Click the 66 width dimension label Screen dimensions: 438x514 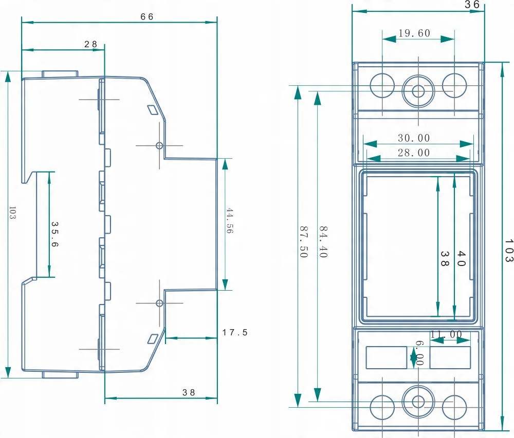pyautogui.click(x=147, y=16)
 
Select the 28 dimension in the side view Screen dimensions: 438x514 pyautogui.click(x=91, y=44)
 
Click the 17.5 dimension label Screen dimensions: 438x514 pyautogui.click(x=235, y=332)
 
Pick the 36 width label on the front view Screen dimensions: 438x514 pyautogui.click(x=472, y=5)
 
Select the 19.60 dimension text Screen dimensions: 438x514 pyautogui.click(x=414, y=33)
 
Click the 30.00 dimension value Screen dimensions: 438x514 pyautogui.click(x=414, y=138)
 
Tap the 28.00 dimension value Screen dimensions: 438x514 pyautogui.click(x=414, y=153)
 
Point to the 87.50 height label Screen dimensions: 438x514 pyautogui.click(x=303, y=241)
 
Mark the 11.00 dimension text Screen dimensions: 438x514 pyautogui.click(x=446, y=334)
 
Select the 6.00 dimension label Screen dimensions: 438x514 pyautogui.click(x=419, y=354)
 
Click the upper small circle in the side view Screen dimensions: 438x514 pyautogui.click(x=159, y=145)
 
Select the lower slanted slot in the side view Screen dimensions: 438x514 pyautogui.click(x=153, y=338)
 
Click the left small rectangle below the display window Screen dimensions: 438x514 pyautogui.click(x=386, y=357)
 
